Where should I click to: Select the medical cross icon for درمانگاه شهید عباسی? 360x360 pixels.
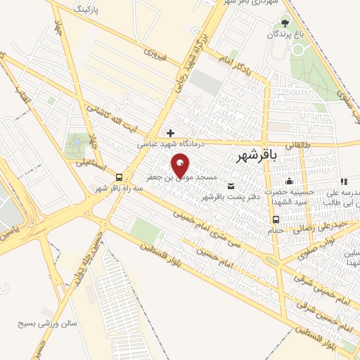pos(170,132)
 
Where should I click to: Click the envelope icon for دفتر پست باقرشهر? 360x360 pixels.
pos(231,186)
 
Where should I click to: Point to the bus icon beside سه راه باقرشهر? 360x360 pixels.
pos(120,177)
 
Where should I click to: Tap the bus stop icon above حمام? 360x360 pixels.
pos(276,219)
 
